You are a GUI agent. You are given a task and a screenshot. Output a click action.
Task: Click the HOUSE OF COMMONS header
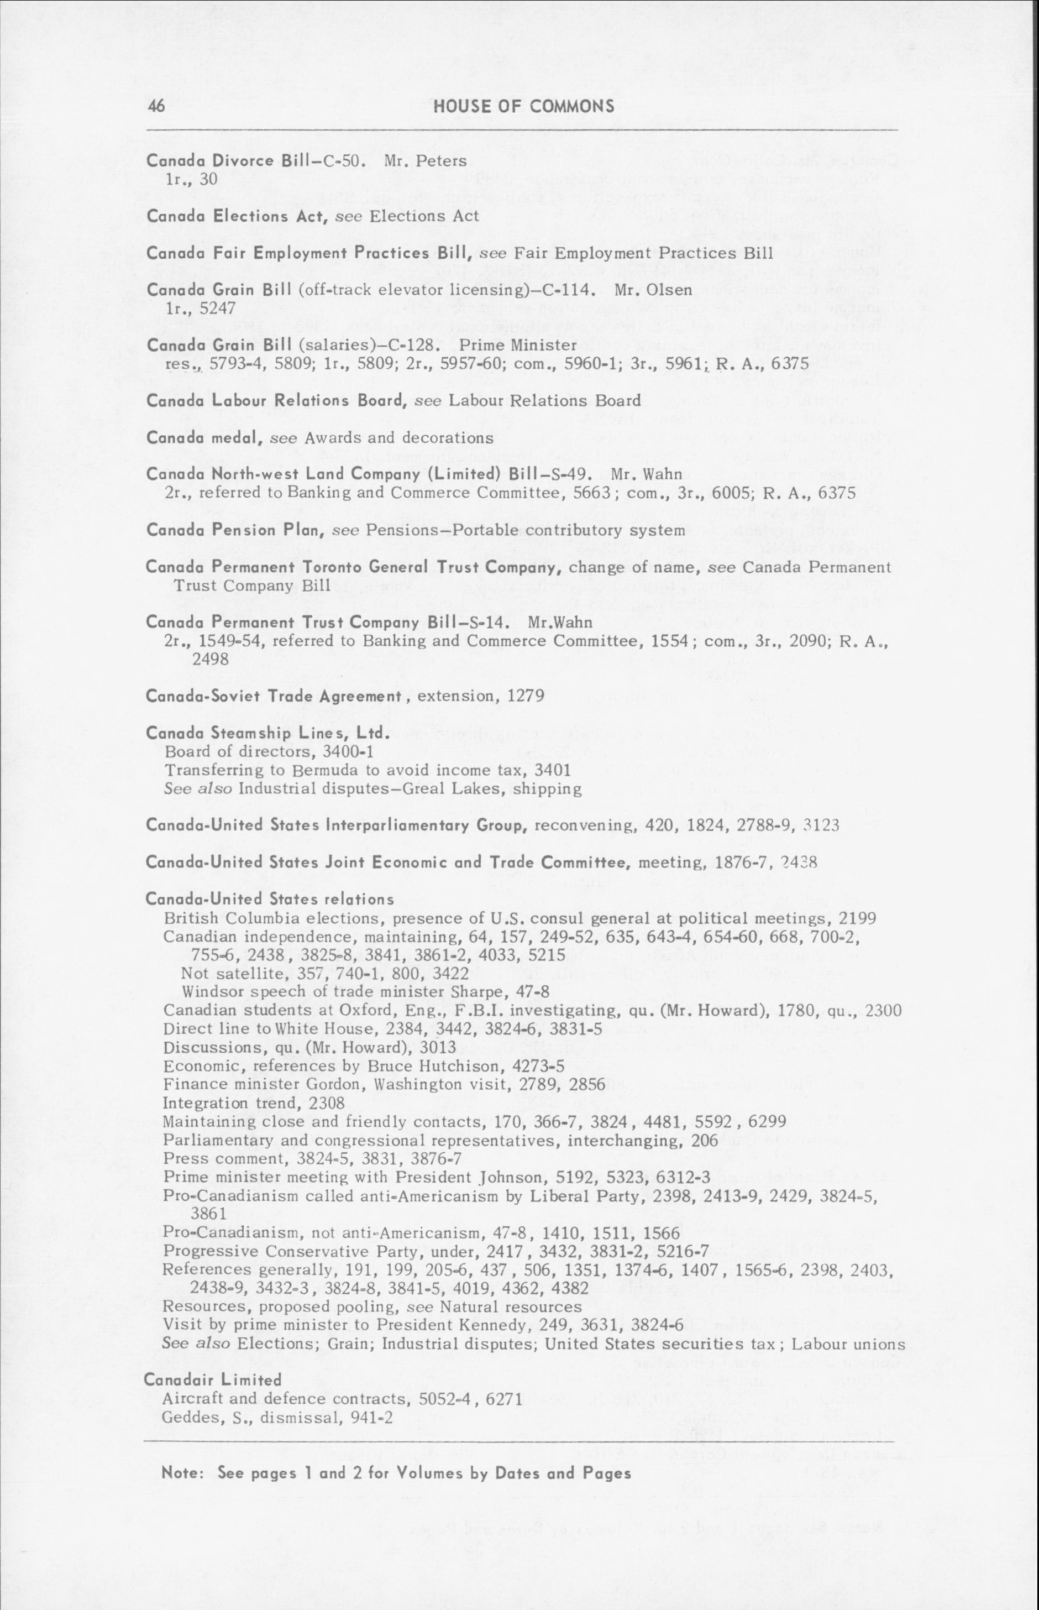(523, 106)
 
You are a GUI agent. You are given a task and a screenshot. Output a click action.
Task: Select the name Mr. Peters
(425, 160)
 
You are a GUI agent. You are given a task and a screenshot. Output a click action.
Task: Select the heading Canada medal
(204, 437)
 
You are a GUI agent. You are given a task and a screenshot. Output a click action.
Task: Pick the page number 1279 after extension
(526, 696)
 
